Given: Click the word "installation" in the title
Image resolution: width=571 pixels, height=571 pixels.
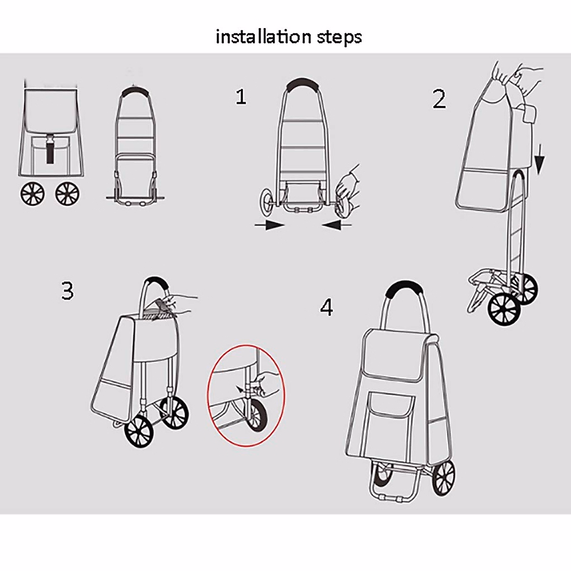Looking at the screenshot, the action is coord(256,37).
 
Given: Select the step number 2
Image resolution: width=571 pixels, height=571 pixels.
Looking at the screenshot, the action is coord(439,99).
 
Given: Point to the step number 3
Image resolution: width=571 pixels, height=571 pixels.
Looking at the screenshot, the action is coord(68,290).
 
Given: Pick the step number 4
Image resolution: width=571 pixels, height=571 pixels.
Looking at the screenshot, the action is coord(326,307).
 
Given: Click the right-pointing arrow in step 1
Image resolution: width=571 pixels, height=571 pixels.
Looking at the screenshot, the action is coord(269,226).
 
